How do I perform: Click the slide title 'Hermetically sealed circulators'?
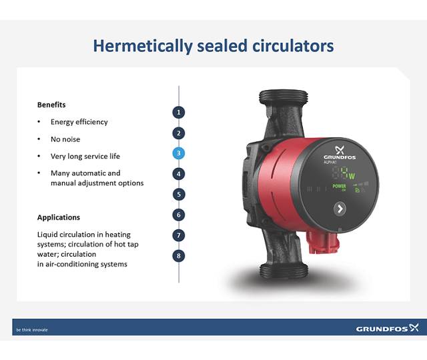coord(213,46)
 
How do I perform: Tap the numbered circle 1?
coord(179,112)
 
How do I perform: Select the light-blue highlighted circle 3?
coord(179,153)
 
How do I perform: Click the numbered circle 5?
coord(179,195)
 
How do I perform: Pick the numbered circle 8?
coord(179,255)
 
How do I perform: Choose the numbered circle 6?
coord(179,215)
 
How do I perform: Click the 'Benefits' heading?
coord(51,105)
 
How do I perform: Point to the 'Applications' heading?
coord(59,217)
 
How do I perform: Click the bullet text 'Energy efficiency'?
coord(79,122)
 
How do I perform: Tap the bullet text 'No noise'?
coord(65,139)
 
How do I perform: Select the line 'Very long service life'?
coord(85,157)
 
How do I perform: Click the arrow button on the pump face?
coord(340,209)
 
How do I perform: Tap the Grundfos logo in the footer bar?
coord(387,328)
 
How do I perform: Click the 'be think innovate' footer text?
coord(32,329)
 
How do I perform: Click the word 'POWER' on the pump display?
coord(340,186)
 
